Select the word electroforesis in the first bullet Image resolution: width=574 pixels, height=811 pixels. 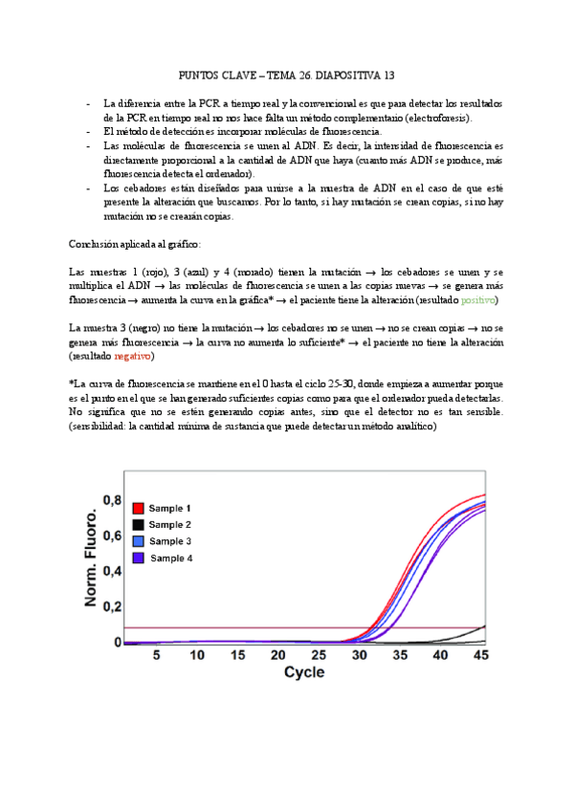[432, 117]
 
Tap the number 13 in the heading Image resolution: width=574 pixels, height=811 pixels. [387, 74]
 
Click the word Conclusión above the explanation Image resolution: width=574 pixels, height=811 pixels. [99, 244]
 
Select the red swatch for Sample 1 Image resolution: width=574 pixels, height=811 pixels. [138, 508]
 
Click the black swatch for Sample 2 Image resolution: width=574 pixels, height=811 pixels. [138, 524]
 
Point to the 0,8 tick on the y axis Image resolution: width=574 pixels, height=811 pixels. [112, 500]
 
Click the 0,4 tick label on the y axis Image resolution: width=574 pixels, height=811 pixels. [112, 571]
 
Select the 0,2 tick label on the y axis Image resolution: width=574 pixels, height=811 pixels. [112, 607]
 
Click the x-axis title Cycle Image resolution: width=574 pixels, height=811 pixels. [303, 672]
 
